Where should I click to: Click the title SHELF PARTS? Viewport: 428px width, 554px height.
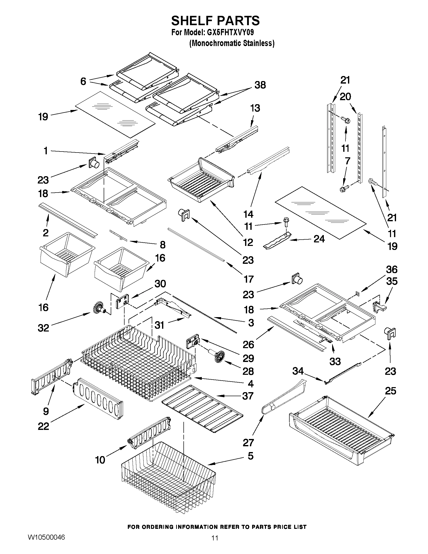[215, 21]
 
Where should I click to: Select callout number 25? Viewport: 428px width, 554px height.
[390, 391]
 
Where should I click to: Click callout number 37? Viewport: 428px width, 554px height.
[248, 396]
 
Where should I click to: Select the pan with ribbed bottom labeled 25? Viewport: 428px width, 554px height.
[342, 426]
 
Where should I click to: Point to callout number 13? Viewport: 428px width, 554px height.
[255, 108]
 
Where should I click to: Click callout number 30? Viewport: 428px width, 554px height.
[160, 284]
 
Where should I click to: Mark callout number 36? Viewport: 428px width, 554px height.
[392, 269]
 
